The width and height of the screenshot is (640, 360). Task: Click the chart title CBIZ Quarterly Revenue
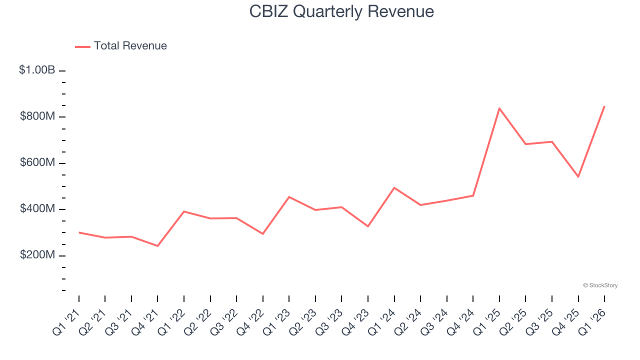tap(341, 11)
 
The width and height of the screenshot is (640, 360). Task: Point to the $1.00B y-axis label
tap(37, 70)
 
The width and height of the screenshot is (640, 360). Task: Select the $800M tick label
tap(37, 116)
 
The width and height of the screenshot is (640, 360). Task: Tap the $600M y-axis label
tap(37, 162)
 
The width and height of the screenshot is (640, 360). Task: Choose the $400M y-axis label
tap(37, 208)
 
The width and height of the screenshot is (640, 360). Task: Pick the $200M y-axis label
tap(37, 255)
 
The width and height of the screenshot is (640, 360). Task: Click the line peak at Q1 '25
tap(499, 108)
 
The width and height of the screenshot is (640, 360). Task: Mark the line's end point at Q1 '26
tap(604, 106)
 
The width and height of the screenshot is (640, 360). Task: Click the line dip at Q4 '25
tap(578, 176)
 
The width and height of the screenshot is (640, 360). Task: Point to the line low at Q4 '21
tap(157, 246)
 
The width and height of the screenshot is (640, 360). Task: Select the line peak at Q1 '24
tap(394, 187)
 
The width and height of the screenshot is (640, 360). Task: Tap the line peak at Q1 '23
tap(289, 196)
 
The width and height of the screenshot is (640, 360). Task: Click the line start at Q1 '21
tap(79, 232)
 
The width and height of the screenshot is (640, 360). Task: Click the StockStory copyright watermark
tap(600, 285)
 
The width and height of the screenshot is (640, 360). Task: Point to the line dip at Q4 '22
tap(263, 234)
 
